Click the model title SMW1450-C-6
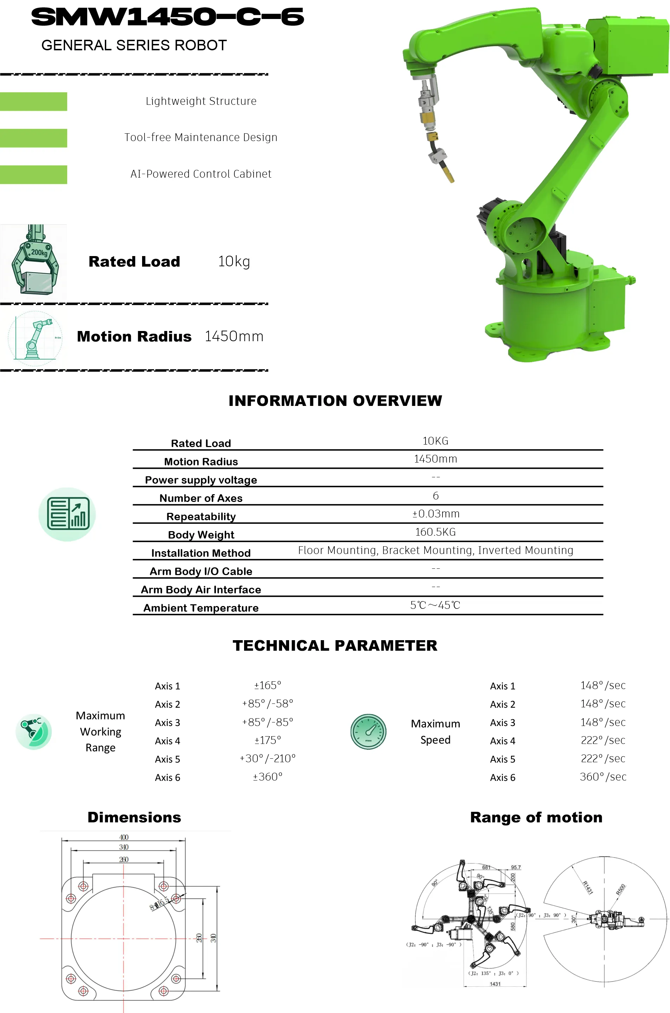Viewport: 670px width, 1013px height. point(167,18)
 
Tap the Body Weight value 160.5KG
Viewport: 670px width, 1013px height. point(435,532)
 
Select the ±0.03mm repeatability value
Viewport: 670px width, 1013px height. point(435,514)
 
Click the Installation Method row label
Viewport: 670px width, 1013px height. point(201,553)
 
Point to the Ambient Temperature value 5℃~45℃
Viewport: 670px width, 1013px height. point(435,605)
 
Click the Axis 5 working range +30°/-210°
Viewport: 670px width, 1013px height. point(268,758)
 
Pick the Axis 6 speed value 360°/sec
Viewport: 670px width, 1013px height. point(602,777)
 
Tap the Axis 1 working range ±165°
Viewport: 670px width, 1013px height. point(268,685)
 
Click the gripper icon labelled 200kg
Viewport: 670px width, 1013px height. point(34,260)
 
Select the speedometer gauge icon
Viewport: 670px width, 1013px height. point(368,732)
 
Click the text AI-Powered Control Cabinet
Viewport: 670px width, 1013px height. point(201,174)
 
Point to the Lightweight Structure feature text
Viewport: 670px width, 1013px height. point(201,101)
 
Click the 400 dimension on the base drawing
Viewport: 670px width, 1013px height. point(123,837)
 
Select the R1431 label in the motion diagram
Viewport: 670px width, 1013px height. point(588,887)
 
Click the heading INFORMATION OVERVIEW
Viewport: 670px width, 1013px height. point(335,401)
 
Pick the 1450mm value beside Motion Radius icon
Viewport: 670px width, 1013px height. point(234,336)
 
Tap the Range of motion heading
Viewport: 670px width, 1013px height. point(536,817)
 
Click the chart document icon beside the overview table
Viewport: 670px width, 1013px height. point(67,514)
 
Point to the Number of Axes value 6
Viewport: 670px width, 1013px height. point(435,496)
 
